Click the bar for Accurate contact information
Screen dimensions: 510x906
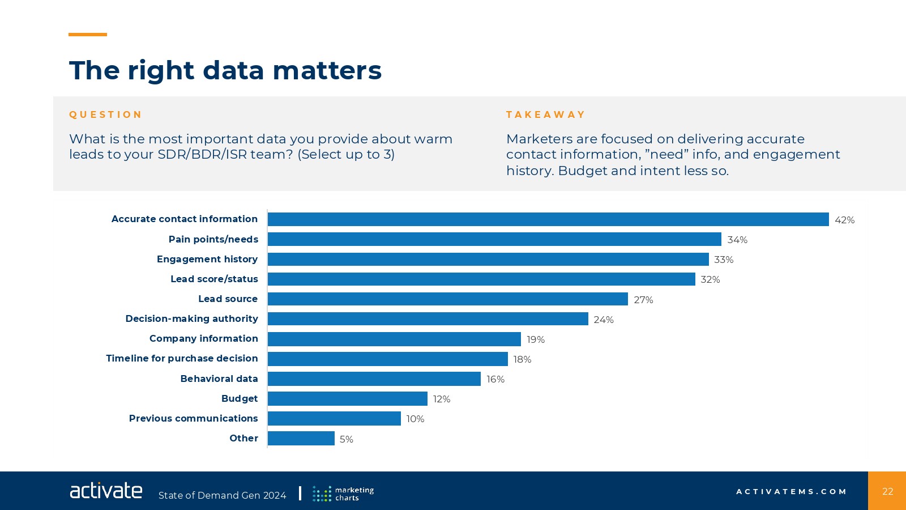click(548, 219)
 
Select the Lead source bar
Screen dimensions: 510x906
click(447, 299)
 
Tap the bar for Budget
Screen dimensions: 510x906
click(347, 399)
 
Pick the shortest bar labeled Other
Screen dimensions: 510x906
click(301, 439)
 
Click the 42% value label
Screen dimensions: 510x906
click(844, 220)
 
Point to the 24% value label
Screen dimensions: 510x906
click(604, 320)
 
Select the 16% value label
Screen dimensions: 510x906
click(495, 379)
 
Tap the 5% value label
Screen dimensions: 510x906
click(347, 439)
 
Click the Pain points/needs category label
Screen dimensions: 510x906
click(213, 239)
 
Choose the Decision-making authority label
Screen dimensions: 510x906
click(191, 318)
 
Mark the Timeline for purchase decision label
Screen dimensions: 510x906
click(182, 358)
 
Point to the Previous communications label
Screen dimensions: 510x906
click(193, 418)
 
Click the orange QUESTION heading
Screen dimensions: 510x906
click(105, 114)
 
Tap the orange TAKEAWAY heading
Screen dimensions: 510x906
click(545, 114)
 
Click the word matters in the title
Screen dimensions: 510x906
click(327, 70)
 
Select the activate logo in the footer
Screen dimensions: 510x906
click(106, 491)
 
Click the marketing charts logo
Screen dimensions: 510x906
click(343, 494)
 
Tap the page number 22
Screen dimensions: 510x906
click(887, 491)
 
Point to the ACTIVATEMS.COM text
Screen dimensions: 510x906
click(791, 491)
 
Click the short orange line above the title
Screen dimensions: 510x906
click(88, 35)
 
